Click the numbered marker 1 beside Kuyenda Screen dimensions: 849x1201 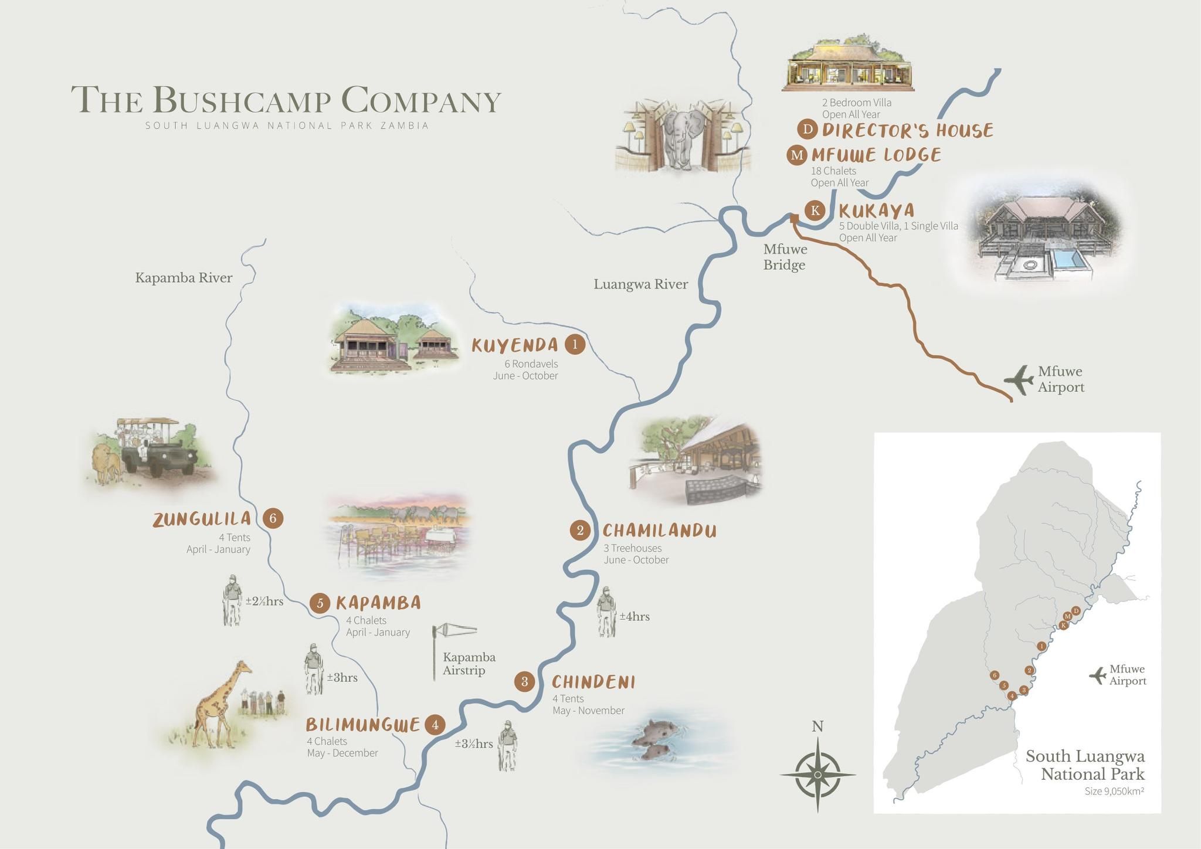click(575, 344)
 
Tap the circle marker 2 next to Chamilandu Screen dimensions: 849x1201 click(580, 531)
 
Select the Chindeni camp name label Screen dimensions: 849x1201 click(593, 682)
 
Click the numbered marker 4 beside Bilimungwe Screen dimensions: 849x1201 click(435, 725)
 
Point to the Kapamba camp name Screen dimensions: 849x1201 click(378, 603)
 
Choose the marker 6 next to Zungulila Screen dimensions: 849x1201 click(273, 518)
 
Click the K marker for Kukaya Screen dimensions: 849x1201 click(815, 210)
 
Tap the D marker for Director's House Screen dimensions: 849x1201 click(808, 129)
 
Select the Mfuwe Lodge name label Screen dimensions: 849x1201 click(876, 155)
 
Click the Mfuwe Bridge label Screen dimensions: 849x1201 click(785, 257)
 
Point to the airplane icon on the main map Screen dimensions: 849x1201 click(1019, 379)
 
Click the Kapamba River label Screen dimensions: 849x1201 click(184, 278)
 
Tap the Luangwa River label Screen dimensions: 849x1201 click(640, 284)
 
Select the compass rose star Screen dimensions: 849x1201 click(817, 775)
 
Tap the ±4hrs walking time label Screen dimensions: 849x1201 click(635, 617)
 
